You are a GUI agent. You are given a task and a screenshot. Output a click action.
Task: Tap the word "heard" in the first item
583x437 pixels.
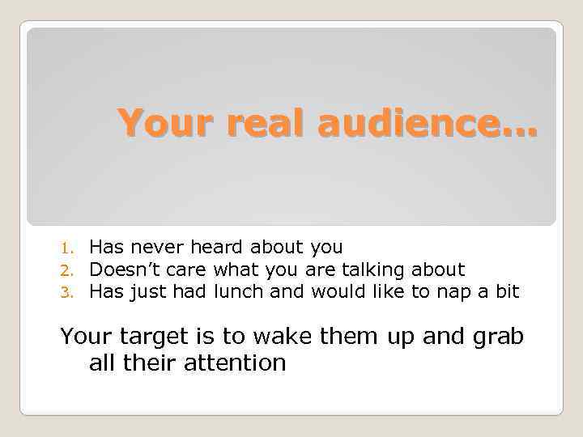pos(219,247)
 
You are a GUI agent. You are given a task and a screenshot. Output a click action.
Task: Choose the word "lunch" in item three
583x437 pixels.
pos(239,291)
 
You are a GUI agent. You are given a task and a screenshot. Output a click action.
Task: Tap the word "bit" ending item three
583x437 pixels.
pos(506,291)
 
